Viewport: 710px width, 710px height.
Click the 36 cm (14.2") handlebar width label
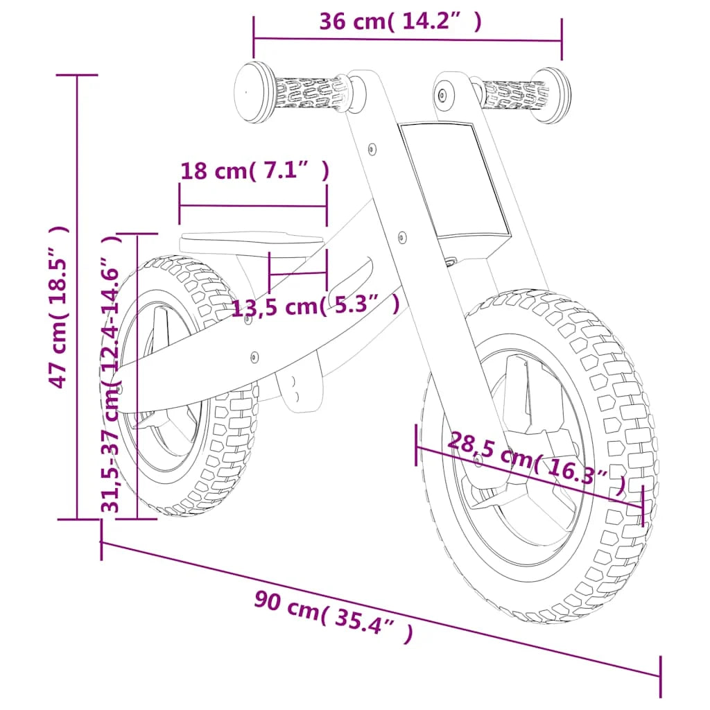coord(400,22)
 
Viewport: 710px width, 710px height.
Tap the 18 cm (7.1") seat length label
coord(254,171)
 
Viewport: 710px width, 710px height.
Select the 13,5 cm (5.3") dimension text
coord(315,306)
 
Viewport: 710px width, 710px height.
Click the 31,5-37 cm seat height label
coord(111,374)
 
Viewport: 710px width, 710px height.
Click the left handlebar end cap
coord(252,92)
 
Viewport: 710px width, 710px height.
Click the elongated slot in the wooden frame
coord(350,277)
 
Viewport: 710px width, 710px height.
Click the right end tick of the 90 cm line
coord(660,676)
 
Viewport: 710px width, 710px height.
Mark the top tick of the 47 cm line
coord(77,75)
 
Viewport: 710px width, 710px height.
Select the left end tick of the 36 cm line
coord(254,38)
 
